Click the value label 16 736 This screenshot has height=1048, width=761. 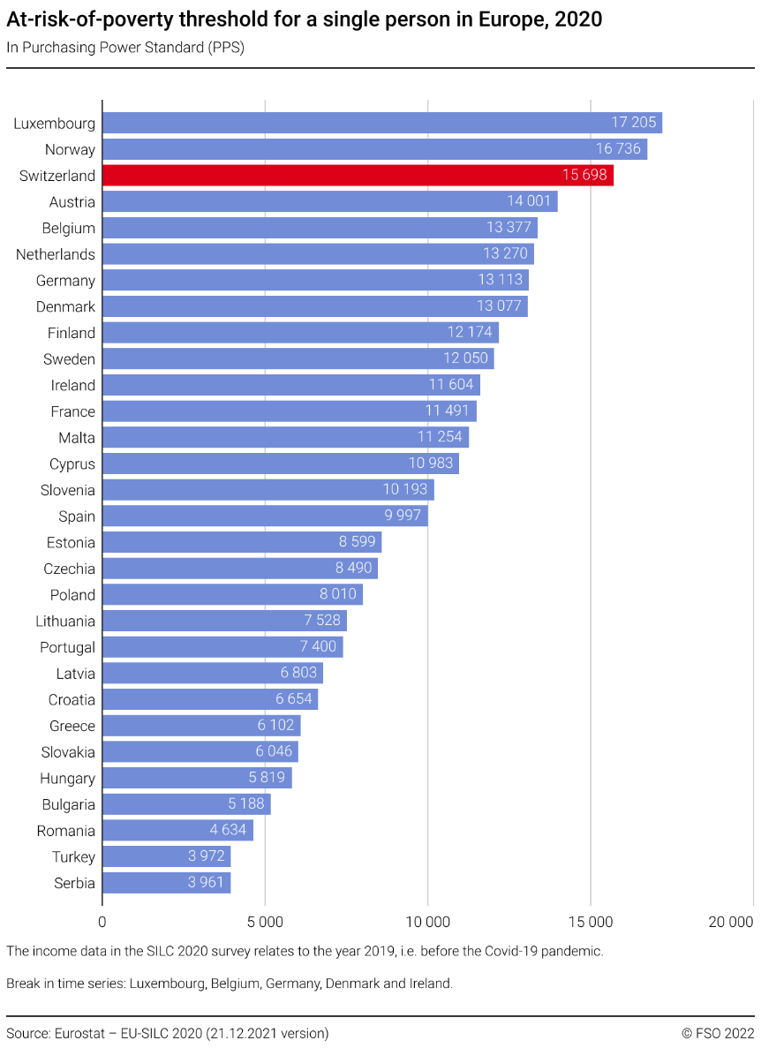[618, 149]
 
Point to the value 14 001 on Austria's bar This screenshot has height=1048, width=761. [529, 202]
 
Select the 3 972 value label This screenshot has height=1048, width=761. [206, 856]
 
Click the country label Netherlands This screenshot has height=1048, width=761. [56, 254]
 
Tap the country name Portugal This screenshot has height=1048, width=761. [67, 647]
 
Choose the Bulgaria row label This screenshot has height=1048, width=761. [69, 804]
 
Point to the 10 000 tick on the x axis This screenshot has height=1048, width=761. [428, 923]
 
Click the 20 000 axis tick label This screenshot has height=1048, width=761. [731, 923]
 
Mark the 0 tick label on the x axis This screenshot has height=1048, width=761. [102, 923]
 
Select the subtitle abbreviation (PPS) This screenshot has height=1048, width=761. [227, 48]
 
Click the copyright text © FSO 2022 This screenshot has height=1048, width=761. [718, 1032]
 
